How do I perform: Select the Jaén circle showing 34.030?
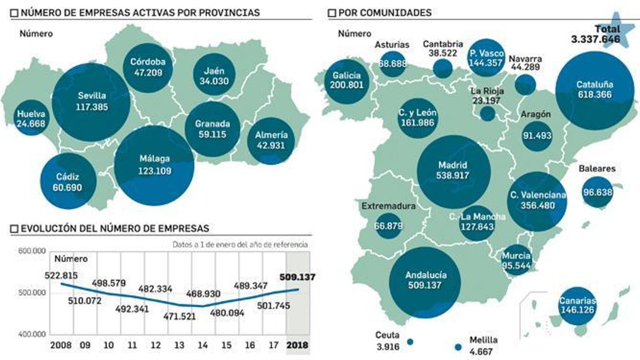(x=214, y=75)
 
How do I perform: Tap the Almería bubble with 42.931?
(x=271, y=140)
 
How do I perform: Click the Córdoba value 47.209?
(x=148, y=73)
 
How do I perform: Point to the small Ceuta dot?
(x=410, y=342)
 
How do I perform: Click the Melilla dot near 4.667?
(x=458, y=347)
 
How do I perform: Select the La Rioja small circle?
(x=487, y=114)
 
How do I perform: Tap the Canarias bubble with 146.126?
(x=577, y=306)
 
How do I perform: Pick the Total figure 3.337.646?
(x=595, y=39)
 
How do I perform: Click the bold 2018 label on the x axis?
(x=297, y=345)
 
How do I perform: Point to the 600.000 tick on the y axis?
(x=32, y=251)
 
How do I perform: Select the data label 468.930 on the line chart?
(x=203, y=294)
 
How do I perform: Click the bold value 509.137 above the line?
(x=297, y=277)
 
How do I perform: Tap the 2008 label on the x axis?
(x=61, y=345)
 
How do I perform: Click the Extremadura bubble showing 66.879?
(x=388, y=226)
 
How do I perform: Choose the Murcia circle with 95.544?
(x=516, y=260)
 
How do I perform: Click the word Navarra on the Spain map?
(x=525, y=59)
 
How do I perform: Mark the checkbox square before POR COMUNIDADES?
(x=332, y=13)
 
